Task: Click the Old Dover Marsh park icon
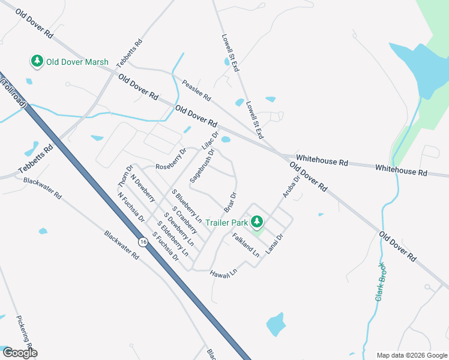point(37,62)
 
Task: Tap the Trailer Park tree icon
point(257,222)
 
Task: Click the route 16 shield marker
point(142,242)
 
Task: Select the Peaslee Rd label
point(197,91)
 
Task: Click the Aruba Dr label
point(291,187)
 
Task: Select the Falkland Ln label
point(246,245)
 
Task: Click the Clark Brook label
point(379,281)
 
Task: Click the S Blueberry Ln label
point(185,203)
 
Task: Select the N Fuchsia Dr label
point(131,207)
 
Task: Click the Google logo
point(19,353)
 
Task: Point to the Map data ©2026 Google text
point(411,355)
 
